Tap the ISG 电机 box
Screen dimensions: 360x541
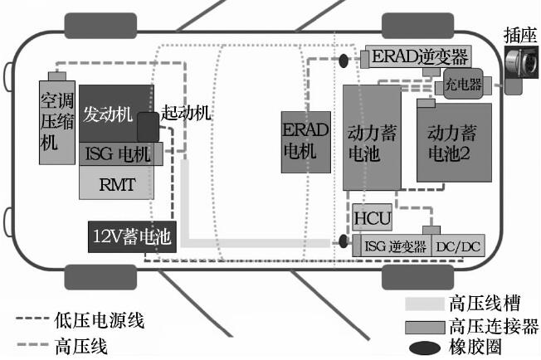117,153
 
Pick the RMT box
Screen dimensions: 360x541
116,182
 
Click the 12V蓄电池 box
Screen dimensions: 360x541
131,237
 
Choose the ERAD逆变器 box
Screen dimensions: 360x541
420,57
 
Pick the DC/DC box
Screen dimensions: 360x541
457,246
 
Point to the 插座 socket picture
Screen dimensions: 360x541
521,65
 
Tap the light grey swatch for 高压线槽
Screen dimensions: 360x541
424,303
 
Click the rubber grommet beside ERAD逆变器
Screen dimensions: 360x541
344,60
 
